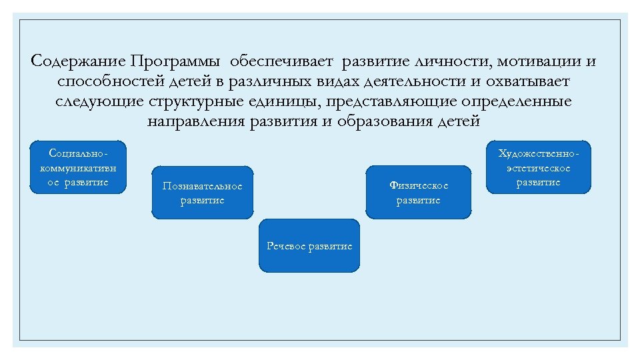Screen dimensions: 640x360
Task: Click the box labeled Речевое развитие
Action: (309, 245)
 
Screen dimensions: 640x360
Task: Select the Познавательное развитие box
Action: (203, 193)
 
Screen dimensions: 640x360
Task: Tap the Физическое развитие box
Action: (418, 193)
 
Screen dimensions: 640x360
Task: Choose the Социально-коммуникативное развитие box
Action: (78, 167)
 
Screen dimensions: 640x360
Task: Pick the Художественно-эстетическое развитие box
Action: (539, 167)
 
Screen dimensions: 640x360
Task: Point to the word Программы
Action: (176, 62)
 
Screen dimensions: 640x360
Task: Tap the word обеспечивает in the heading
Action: (283, 62)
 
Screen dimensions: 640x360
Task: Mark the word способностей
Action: (108, 82)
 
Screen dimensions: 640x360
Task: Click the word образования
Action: (387, 122)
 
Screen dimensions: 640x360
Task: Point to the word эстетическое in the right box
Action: (539, 168)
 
